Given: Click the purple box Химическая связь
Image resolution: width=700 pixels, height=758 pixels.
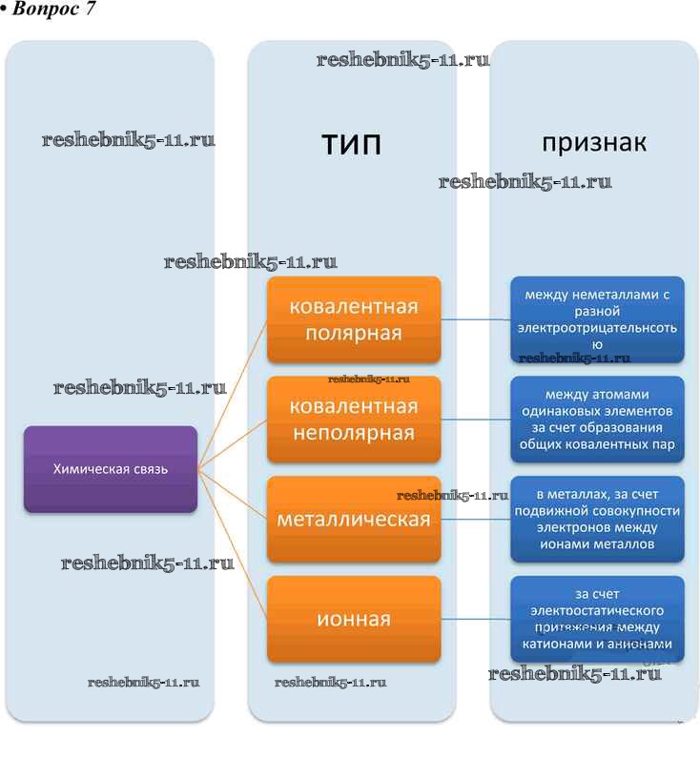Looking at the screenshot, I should point(111,468).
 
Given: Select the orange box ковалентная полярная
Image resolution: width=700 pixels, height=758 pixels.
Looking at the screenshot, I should point(354,319).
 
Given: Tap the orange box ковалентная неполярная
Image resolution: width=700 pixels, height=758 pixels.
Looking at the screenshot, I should point(354,420).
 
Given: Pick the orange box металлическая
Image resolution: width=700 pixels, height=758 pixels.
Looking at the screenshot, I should point(354,520).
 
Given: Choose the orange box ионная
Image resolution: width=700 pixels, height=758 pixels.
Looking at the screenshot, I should point(354,619).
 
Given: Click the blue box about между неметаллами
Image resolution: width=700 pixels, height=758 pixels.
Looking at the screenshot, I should point(597,319).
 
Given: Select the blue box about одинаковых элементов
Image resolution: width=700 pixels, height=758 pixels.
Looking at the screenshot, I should point(597,419).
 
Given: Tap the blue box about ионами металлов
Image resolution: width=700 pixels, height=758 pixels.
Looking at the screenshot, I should point(597,519).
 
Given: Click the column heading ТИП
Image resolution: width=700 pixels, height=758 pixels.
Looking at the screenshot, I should point(351,145).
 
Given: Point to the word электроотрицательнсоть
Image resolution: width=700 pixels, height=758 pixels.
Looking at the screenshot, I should point(597,328).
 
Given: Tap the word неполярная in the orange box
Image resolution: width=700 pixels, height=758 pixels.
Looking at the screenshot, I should point(354,434).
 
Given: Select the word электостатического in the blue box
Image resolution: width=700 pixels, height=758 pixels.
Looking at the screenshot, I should point(597,610).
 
